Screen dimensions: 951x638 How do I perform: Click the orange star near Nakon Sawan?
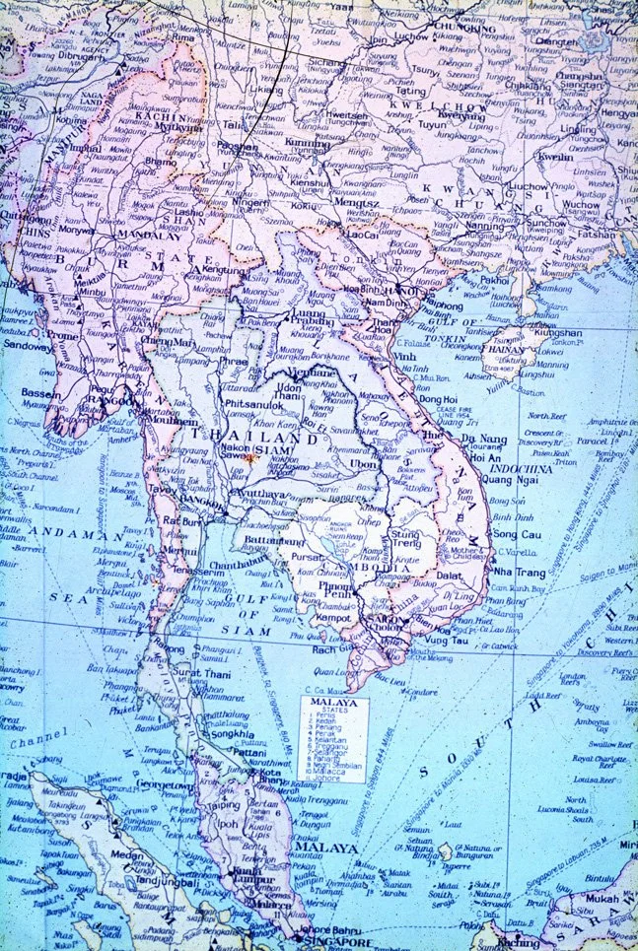(x=251, y=458)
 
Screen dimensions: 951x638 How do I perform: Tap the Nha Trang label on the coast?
(x=518, y=572)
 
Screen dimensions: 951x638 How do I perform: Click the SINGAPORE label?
(x=349, y=942)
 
